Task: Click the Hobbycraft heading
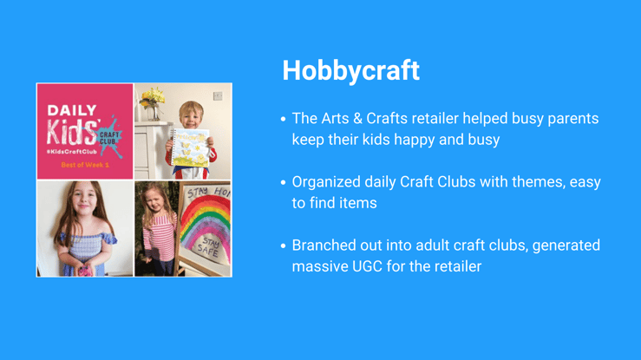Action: tap(350, 70)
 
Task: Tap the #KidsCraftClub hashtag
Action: tap(72, 152)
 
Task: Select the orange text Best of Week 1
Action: tap(85, 165)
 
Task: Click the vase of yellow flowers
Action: tap(152, 103)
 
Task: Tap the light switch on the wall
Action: tap(218, 96)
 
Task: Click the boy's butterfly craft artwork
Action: tap(191, 147)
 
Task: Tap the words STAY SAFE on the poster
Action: tap(209, 246)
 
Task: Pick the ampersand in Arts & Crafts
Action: tap(357, 119)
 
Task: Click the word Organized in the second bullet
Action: tap(326, 182)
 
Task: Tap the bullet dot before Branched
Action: tap(283, 245)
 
